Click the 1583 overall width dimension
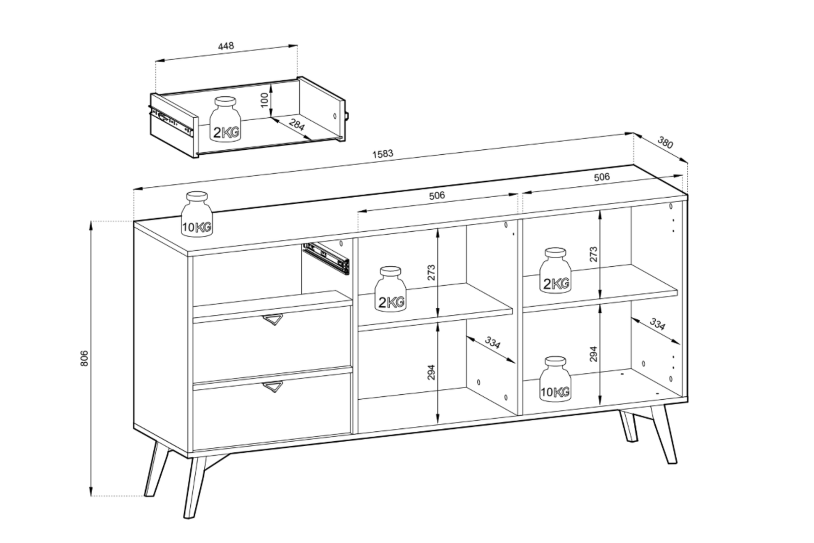[x=383, y=154]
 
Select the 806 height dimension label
[x=84, y=358]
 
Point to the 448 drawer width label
[x=226, y=46]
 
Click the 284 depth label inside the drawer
[x=297, y=125]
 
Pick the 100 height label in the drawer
[x=265, y=100]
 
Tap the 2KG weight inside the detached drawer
[x=226, y=119]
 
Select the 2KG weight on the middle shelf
[x=391, y=289]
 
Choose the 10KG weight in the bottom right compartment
[x=555, y=379]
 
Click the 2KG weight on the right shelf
[x=555, y=270]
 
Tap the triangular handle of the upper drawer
[x=273, y=319]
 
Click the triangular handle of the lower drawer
[x=273, y=387]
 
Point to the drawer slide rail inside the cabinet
[x=326, y=258]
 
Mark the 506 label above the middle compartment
[x=437, y=196]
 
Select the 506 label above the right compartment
[x=602, y=177]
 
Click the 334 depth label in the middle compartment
[x=492, y=343]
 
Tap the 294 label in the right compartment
[x=593, y=354]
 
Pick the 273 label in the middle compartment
[x=431, y=273]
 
